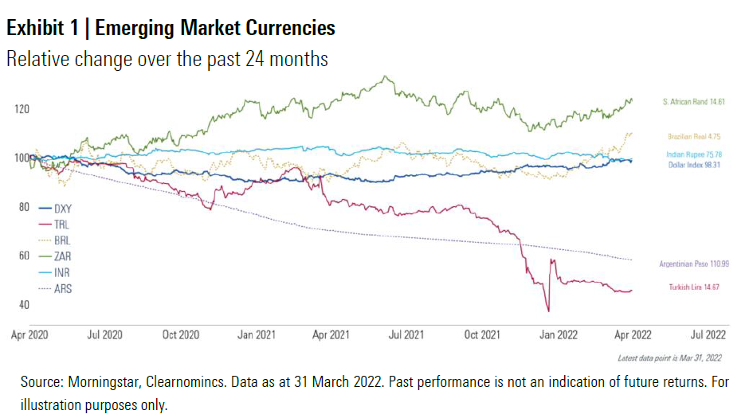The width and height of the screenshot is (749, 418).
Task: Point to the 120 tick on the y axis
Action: click(x=21, y=108)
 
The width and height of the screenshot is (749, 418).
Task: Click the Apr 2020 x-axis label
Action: click(x=31, y=334)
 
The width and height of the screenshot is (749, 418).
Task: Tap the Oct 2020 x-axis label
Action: click(x=180, y=334)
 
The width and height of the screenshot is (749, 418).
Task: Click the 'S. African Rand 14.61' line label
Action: click(x=692, y=102)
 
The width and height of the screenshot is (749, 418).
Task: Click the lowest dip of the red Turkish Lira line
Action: click(x=548, y=311)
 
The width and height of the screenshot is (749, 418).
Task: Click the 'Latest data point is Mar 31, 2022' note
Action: click(x=669, y=358)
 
